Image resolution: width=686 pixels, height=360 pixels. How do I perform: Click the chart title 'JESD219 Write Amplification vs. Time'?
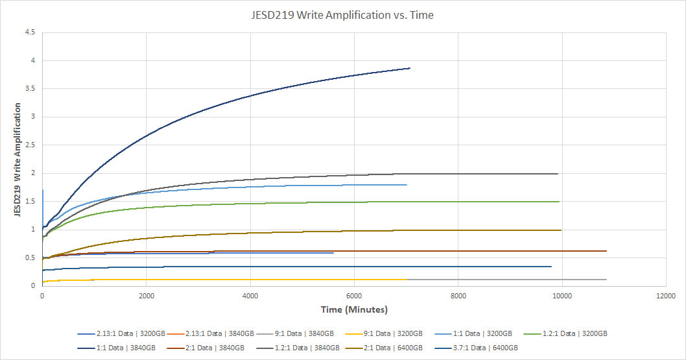(x=342, y=15)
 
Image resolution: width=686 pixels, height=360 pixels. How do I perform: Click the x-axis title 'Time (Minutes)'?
(x=353, y=309)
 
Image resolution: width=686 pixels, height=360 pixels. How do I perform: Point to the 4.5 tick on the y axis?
(x=30, y=32)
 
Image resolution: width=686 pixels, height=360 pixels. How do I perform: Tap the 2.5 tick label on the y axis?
(x=30, y=145)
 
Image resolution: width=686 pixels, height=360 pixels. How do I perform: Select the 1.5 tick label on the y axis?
(x=30, y=201)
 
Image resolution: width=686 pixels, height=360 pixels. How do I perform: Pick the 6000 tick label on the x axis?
(x=354, y=295)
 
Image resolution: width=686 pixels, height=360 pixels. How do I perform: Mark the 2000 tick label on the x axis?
(x=146, y=295)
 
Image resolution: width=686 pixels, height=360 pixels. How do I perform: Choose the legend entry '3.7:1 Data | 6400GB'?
(x=486, y=348)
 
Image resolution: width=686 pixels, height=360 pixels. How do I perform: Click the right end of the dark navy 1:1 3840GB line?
(x=410, y=68)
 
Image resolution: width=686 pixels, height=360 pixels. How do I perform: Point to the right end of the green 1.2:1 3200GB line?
(x=559, y=202)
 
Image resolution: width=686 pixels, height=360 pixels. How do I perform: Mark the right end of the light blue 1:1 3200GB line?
(x=407, y=185)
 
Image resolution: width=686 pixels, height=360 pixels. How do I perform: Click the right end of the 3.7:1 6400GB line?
(x=551, y=267)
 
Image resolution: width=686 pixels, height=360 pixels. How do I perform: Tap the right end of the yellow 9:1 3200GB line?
(x=407, y=280)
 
